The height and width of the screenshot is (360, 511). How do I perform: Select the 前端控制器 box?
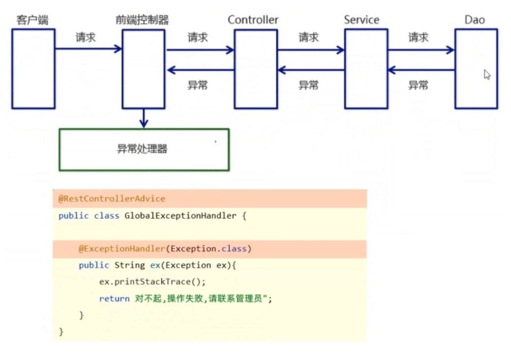[143, 68]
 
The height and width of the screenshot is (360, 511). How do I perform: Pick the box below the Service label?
[366, 68]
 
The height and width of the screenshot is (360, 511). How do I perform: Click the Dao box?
[476, 68]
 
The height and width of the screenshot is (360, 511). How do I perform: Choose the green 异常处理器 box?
[144, 150]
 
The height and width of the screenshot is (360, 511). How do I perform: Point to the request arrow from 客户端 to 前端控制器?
[88, 49]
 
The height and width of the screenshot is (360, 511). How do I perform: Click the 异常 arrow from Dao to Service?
[421, 70]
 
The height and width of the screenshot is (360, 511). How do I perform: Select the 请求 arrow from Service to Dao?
[421, 49]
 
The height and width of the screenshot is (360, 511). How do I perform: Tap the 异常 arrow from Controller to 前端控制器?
[200, 70]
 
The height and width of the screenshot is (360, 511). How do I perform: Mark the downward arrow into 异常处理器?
[143, 118]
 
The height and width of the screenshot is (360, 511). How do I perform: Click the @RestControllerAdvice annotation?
[112, 199]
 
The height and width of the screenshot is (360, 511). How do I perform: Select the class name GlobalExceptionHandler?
[180, 215]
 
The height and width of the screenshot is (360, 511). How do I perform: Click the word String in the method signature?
[129, 266]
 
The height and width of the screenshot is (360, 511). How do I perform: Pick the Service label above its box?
[362, 20]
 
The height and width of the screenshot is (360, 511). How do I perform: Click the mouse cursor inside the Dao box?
[487, 75]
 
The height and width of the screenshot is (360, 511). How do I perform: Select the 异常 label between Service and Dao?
[419, 85]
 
